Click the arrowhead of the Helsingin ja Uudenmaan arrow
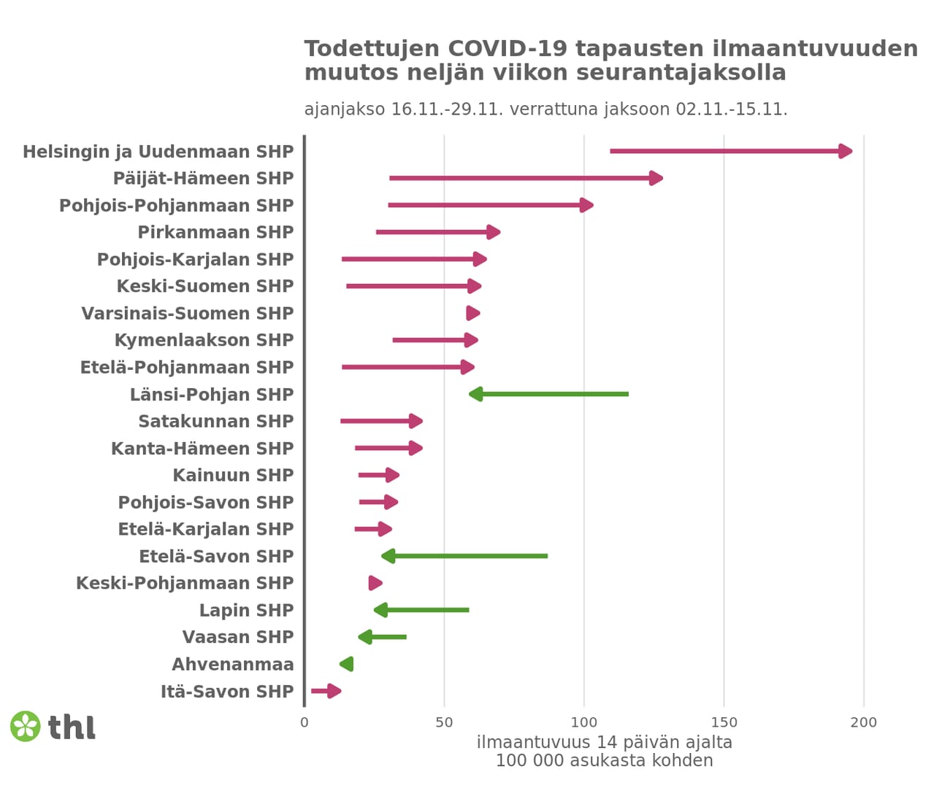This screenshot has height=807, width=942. tap(845, 151)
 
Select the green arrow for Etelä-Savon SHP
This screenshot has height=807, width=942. tap(465, 556)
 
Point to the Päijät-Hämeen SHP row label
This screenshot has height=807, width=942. tap(203, 179)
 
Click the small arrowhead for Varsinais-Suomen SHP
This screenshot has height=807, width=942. tap(472, 313)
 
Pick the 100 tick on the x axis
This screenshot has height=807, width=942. tap(584, 722)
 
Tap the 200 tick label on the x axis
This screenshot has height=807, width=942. tap(864, 722)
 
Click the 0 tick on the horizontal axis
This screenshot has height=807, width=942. tap(305, 722)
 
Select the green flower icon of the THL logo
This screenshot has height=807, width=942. tap(26, 726)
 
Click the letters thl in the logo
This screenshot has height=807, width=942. tap(72, 727)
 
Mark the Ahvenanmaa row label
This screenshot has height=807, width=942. tap(232, 665)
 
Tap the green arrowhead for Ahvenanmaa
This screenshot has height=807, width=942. tap(347, 664)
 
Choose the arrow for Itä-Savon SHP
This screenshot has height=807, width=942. tap(326, 691)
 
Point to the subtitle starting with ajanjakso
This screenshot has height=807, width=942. tap(545, 109)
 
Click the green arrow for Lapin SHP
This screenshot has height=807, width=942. tap(421, 610)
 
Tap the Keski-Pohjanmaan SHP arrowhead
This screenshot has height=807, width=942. tap(375, 583)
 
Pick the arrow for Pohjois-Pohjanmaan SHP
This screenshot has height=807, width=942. tap(489, 205)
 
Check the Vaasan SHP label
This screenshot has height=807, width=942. tap(237, 638)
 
